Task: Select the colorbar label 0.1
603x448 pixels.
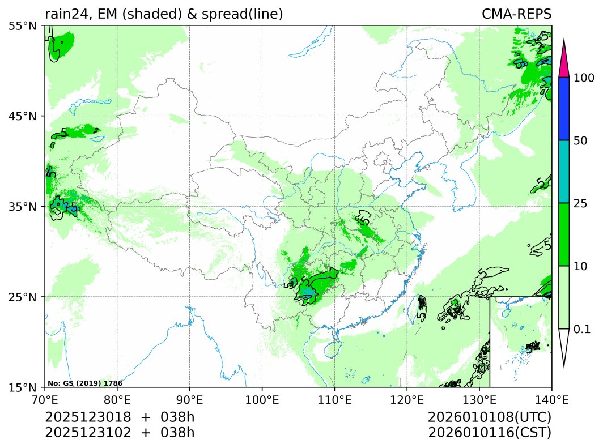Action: click(582, 329)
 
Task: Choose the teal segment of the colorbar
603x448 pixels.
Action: click(564, 172)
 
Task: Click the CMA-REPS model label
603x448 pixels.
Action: click(516, 14)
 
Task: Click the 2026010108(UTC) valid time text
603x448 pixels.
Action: click(490, 417)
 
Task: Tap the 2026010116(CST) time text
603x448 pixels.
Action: click(490, 433)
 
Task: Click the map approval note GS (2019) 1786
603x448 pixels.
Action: click(85, 383)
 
